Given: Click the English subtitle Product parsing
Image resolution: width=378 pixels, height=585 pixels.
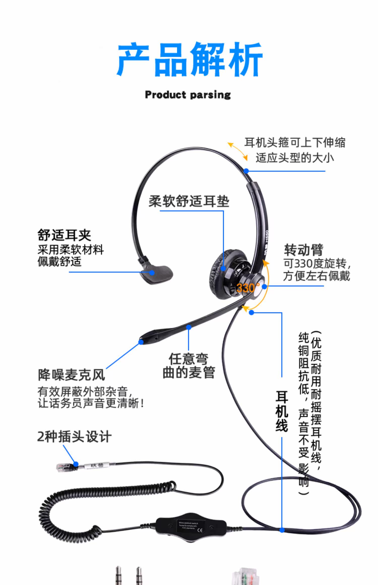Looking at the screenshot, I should [188, 95].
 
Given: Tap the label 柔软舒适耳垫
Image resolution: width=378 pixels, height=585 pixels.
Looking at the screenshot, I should [189, 201].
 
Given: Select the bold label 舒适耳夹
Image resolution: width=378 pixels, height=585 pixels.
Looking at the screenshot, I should [64, 235].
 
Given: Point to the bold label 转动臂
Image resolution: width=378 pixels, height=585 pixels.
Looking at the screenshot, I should [303, 250].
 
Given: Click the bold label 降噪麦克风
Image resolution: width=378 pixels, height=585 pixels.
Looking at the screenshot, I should [71, 375].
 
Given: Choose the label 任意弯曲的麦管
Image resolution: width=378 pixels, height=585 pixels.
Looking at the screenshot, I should [189, 366].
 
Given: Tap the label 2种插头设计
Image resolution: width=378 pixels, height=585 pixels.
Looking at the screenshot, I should [74, 437].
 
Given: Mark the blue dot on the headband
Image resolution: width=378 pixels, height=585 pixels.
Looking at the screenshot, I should [246, 171].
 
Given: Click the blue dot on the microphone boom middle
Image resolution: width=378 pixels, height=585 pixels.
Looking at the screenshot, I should [188, 327].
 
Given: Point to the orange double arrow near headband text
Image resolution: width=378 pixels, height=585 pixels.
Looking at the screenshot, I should [238, 151].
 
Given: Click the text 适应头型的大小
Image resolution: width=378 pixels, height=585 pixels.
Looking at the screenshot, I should [295, 158].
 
